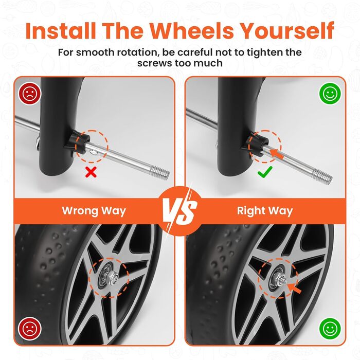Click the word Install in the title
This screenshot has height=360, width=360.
click(x=61, y=31)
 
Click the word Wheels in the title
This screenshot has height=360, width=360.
click(x=192, y=31)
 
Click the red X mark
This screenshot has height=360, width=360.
click(x=91, y=172)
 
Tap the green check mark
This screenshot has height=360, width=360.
click(x=265, y=172)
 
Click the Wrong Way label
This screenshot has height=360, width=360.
click(x=94, y=211)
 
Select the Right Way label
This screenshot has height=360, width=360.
click(x=265, y=211)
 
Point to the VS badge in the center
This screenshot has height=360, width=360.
click(x=180, y=211)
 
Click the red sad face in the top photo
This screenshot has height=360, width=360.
click(x=30, y=94)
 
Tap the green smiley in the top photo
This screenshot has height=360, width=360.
click(x=330, y=94)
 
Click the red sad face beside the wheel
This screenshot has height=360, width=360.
click(x=30, y=328)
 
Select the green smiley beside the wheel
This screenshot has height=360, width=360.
click(x=330, y=329)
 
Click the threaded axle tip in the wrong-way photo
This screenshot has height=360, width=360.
click(x=160, y=173)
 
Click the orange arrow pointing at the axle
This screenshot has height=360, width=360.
click(x=277, y=153)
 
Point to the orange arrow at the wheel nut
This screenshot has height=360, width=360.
click(x=294, y=288)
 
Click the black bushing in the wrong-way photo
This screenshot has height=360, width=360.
click(x=79, y=143)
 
